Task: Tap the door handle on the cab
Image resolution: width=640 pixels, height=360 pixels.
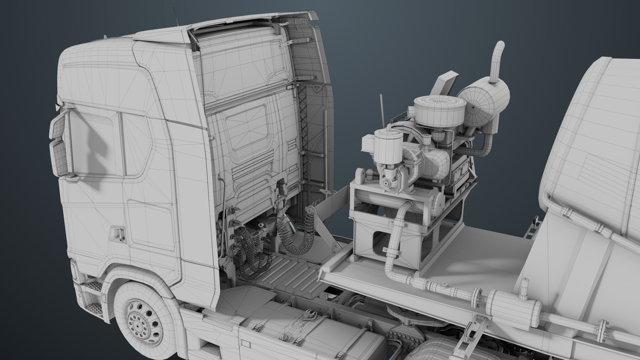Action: [x=117, y=234]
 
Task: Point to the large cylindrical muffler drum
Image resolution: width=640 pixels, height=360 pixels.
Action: [x=483, y=101]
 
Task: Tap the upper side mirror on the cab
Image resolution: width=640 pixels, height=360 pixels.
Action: [x=57, y=126]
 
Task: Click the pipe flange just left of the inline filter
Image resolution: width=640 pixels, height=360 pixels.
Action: [x=476, y=298]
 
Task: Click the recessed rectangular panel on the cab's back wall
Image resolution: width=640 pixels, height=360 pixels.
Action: [x=246, y=128]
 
